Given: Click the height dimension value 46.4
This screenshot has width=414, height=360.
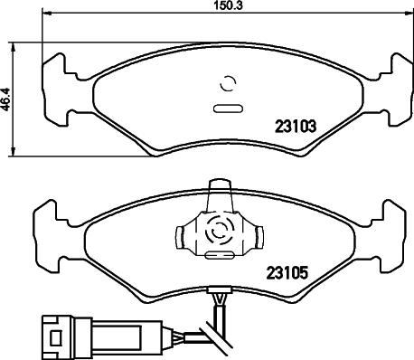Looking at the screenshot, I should [x=6, y=98].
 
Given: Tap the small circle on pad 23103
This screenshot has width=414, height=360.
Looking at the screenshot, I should [x=228, y=85].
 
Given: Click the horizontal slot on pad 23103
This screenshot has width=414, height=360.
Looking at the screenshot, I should [x=227, y=109].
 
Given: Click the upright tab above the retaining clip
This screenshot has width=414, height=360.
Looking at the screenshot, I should [x=219, y=194].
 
